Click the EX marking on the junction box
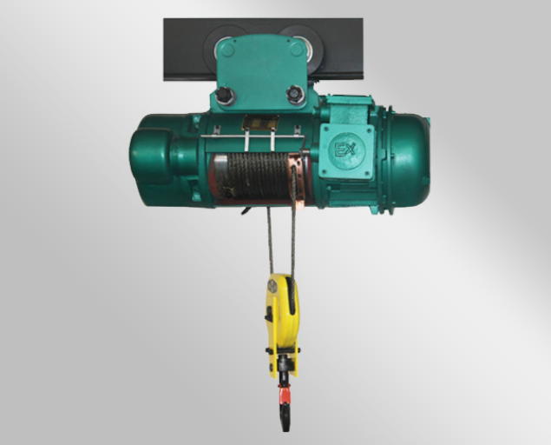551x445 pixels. (345, 150)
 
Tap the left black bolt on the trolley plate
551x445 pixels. (224, 95)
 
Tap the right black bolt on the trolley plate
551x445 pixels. (296, 94)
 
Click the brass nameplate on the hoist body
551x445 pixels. (260, 123)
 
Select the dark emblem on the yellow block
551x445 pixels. (272, 285)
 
